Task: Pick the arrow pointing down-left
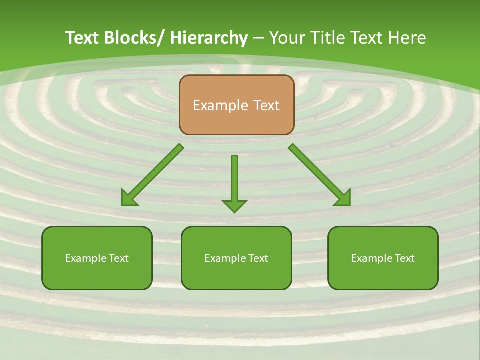coord(152,175)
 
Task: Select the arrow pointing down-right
coord(320,175)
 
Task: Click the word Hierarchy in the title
coord(209,38)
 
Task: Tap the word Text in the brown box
coord(266,105)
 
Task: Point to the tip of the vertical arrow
coord(234,211)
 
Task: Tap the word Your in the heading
coord(288,38)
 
